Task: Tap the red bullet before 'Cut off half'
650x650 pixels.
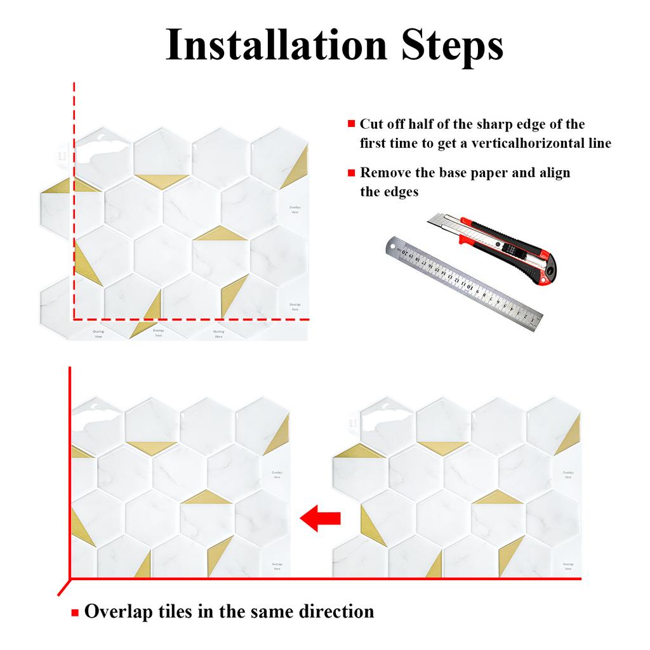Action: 351,124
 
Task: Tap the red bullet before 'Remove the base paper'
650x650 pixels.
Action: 351,173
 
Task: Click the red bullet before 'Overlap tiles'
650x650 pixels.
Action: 75,613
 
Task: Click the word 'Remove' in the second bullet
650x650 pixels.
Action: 385,173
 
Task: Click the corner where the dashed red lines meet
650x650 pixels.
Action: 74,319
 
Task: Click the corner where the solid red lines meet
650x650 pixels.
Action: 70,579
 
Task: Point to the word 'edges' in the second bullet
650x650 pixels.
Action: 401,192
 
